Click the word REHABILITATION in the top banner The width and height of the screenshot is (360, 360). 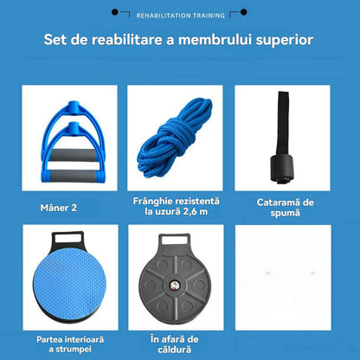164,16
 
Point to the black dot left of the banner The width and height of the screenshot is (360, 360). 115,12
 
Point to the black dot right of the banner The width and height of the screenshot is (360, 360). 244,12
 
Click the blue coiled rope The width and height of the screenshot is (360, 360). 175,138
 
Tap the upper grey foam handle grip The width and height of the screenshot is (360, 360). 73,155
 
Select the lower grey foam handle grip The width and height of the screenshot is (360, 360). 74,176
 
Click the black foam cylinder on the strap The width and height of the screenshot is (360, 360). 282,167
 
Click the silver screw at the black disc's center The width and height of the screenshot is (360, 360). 174,286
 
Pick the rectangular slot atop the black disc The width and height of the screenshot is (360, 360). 175,240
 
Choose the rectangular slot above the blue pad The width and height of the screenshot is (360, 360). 67,238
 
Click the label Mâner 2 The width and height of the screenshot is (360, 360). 59,208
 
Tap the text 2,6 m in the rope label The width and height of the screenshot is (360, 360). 196,211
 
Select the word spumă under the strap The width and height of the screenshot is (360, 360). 285,213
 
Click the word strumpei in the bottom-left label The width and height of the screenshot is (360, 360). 74,350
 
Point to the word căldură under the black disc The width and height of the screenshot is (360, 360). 175,350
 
